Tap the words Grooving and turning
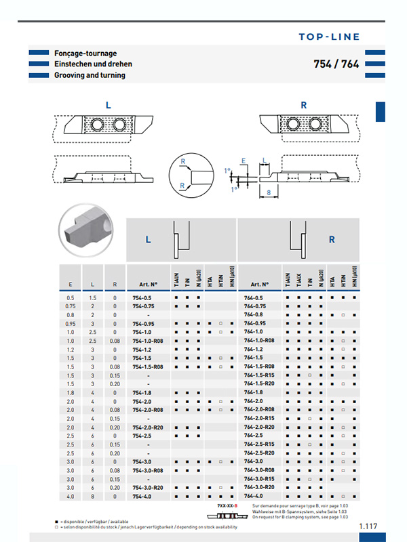pyautogui.click(x=90, y=75)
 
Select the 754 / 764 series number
pyautogui.click(x=336, y=64)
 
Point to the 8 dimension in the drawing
pyautogui.click(x=269, y=192)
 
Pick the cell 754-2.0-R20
pyautogui.click(x=147, y=427)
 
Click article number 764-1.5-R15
pyautogui.click(x=260, y=375)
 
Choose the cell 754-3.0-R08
pyautogui.click(x=147, y=470)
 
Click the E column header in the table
pyautogui.click(x=71, y=285)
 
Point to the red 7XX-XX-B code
pyautogui.click(x=227, y=506)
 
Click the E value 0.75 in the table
pyautogui.click(x=71, y=306)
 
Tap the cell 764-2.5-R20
pyautogui.click(x=260, y=453)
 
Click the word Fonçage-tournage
pyautogui.click(x=85, y=53)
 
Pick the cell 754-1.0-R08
pyautogui.click(x=147, y=341)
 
